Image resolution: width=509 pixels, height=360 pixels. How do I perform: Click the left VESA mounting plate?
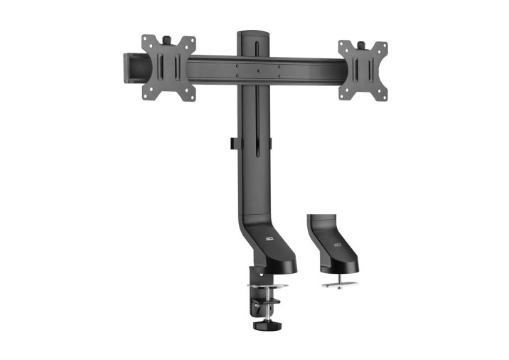[168, 68]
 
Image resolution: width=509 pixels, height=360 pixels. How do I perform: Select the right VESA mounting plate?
[362, 70]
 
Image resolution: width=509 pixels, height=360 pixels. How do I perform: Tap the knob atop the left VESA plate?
[169, 36]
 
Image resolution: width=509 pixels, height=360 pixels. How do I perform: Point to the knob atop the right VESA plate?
[360, 44]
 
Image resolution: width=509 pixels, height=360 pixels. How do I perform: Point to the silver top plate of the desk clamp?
[267, 286]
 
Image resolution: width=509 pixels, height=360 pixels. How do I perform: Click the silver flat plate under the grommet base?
[340, 282]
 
